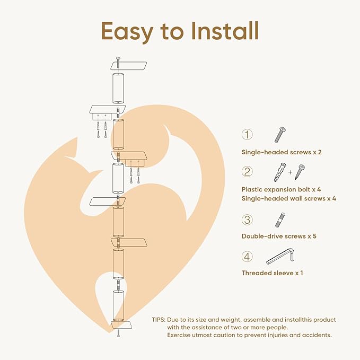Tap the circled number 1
coord(248,135)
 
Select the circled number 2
coord(248,172)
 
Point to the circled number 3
coord(248,219)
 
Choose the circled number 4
coord(248,257)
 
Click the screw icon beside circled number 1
coord(280,135)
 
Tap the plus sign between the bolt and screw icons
coord(289,172)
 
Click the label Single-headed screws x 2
coord(282,152)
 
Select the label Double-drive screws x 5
coord(279,236)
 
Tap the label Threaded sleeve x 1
coord(272,273)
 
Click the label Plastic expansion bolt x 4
coord(282,189)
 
